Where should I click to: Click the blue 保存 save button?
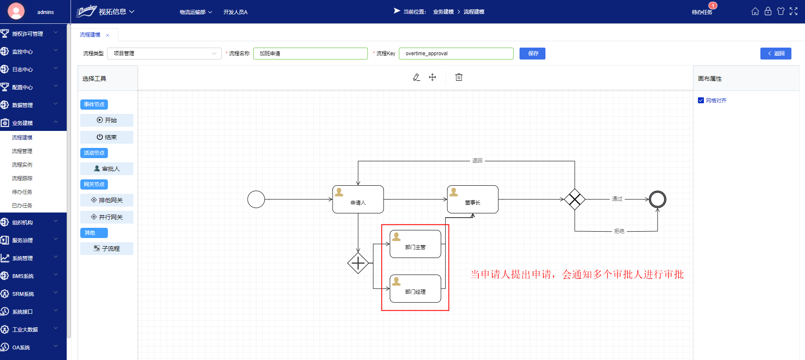click(532, 54)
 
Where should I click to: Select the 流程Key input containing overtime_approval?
click(456, 54)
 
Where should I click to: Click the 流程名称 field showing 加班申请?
click(310, 54)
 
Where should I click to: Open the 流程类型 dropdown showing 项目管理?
click(164, 54)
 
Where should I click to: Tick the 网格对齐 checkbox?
click(701, 101)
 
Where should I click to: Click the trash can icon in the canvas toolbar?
click(459, 77)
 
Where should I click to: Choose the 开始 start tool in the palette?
click(107, 120)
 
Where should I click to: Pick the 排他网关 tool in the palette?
click(107, 200)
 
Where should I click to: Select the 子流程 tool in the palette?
click(107, 249)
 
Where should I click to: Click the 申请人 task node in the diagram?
click(358, 199)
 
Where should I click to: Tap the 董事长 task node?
click(472, 199)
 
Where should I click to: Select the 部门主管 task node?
click(415, 244)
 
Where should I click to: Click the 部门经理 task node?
click(415, 289)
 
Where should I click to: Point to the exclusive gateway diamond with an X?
click(574, 199)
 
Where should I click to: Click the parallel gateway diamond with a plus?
click(358, 263)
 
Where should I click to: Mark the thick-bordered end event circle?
click(657, 199)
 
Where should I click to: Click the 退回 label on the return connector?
click(477, 161)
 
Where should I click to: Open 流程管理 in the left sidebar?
click(22, 151)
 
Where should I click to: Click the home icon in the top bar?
click(755, 11)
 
